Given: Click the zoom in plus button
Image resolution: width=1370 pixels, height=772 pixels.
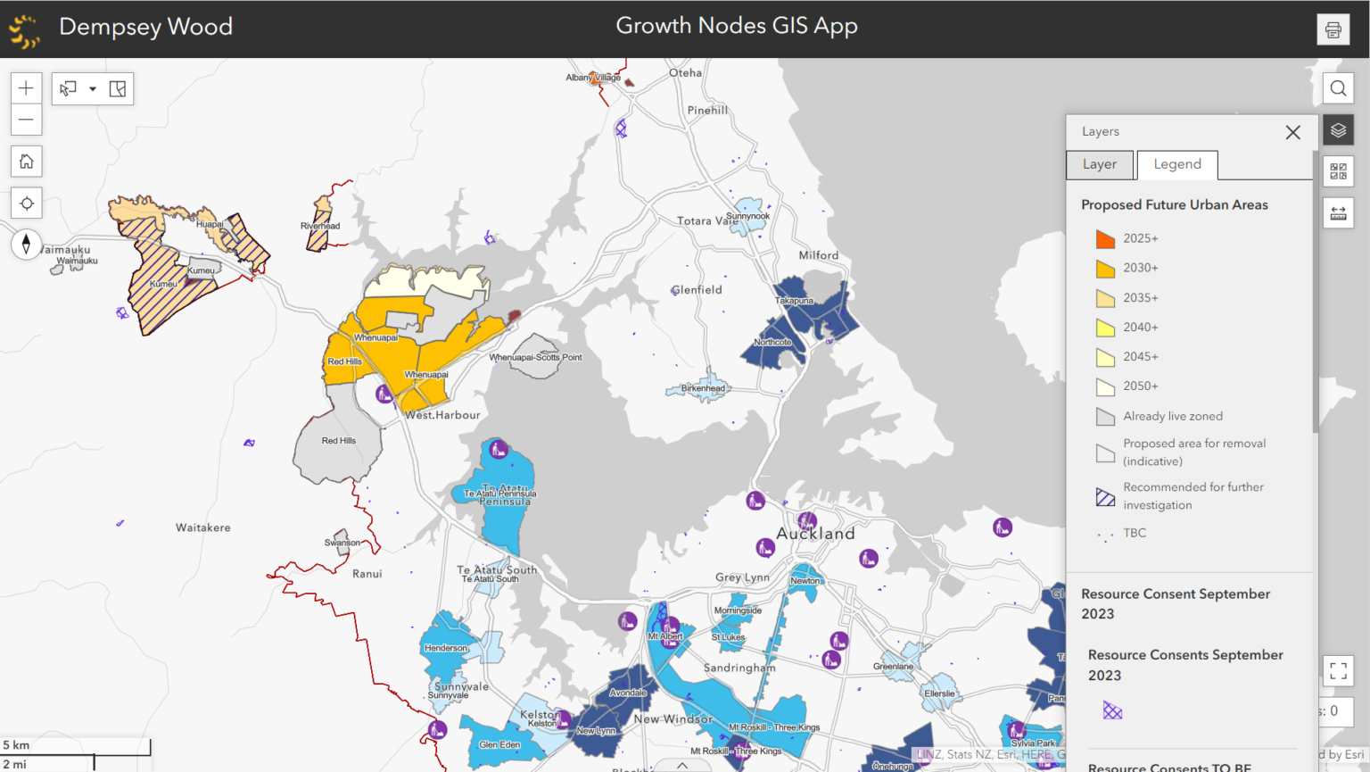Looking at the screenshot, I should tap(26, 88).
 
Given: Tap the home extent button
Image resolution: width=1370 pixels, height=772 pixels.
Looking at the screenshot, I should tap(26, 162).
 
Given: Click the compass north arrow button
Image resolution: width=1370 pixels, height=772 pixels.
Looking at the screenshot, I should tap(26, 244).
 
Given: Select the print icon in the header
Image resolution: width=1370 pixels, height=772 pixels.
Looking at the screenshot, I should tap(1333, 29).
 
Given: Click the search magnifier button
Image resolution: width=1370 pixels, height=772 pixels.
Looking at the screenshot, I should tap(1338, 88).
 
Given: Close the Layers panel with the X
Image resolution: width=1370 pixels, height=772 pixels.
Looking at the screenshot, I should tap(1292, 132).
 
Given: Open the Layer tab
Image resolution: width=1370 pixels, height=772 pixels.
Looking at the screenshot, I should tap(1099, 164).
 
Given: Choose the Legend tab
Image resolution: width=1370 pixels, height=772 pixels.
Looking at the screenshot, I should tap(1176, 164).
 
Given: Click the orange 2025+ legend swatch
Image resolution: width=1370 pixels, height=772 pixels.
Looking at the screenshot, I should tap(1105, 239).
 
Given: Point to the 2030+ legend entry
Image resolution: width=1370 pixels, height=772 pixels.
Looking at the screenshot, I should tap(1140, 268).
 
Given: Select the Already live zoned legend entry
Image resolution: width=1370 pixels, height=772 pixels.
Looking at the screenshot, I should tap(1172, 416).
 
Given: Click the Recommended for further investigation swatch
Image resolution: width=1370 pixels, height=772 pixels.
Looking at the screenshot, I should tap(1105, 497).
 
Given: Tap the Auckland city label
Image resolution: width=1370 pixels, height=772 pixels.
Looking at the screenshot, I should tap(815, 534).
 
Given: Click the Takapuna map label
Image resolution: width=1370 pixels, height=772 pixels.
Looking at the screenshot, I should tap(794, 301).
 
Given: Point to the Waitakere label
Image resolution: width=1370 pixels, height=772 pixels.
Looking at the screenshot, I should tap(202, 527).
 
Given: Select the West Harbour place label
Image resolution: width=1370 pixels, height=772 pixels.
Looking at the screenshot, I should tap(442, 415).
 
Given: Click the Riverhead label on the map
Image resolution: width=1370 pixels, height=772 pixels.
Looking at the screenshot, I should tap(320, 226).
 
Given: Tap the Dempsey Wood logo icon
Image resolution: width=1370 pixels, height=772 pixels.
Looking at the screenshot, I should tap(24, 29).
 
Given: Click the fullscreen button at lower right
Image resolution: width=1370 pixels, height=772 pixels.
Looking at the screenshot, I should tap(1338, 670).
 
